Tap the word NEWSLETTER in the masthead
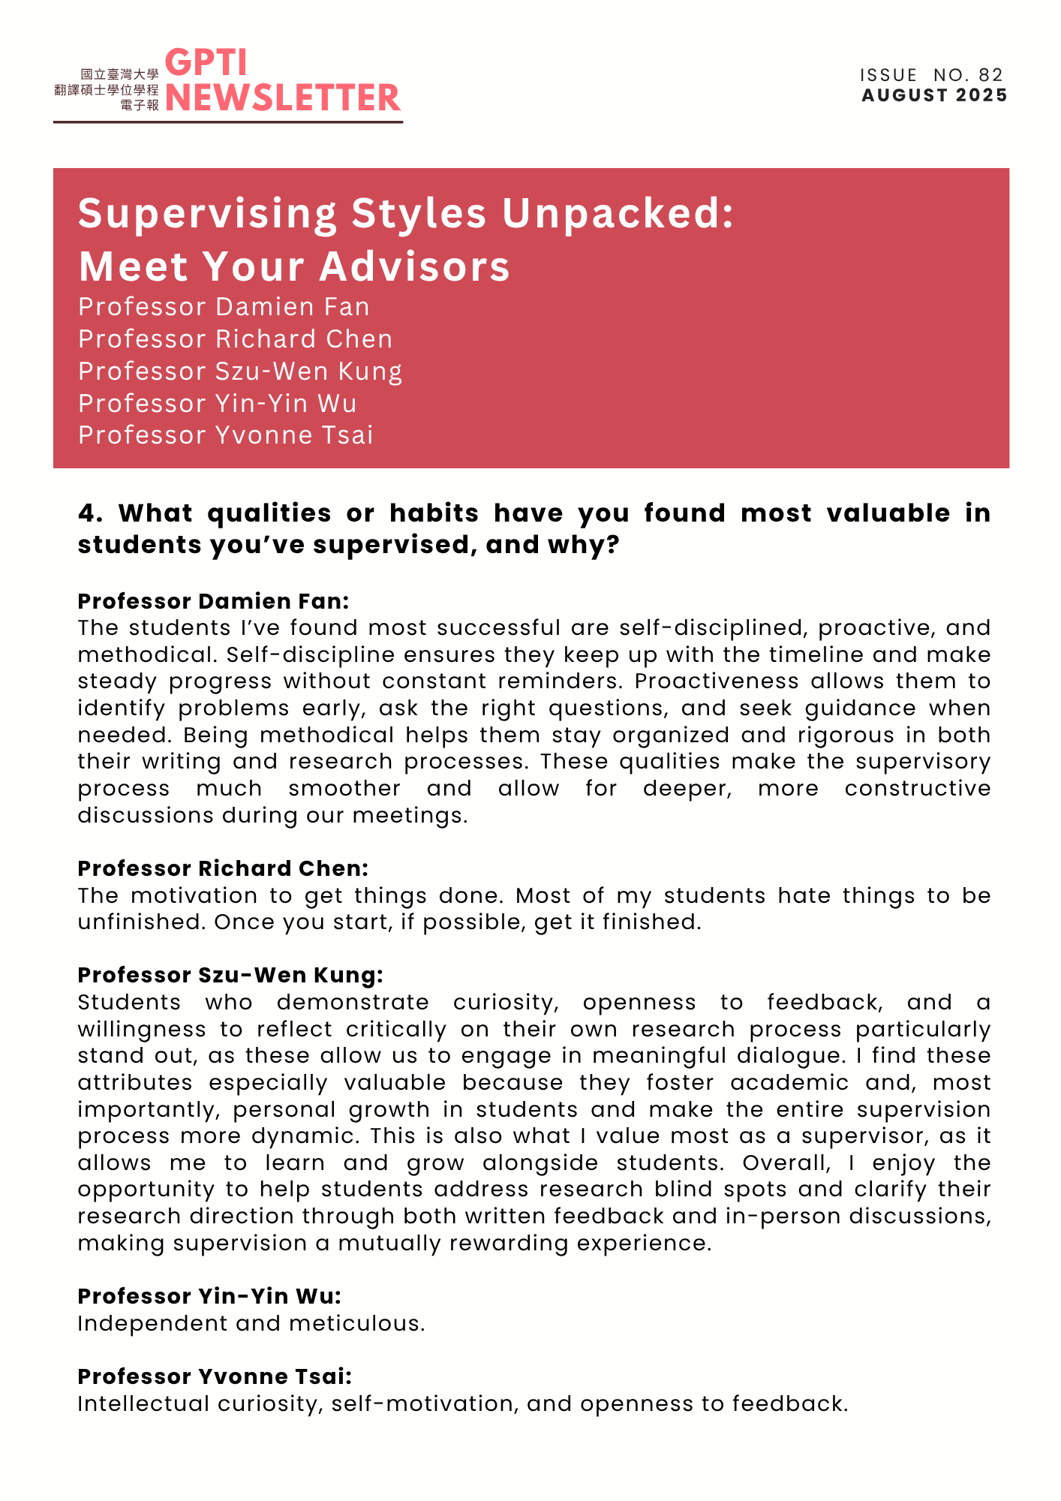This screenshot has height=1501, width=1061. pos(283,98)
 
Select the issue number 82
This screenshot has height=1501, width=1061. pos(990,75)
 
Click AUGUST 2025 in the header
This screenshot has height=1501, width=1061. pos(934,95)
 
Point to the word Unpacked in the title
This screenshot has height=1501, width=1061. pos(617,213)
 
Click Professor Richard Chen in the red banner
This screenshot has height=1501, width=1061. pos(235,339)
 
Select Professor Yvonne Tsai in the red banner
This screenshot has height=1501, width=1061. pos(225,435)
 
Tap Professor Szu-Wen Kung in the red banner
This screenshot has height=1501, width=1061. pos(240,371)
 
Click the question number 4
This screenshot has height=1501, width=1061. pos(89,513)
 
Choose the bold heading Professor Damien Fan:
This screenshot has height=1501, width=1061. pos(213,601)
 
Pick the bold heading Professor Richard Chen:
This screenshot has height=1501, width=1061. pos(223,868)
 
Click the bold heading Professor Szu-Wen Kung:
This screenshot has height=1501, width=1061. pos(230,975)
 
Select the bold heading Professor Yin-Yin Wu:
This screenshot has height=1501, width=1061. pos(209,1296)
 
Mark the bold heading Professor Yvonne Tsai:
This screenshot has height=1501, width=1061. pos(215,1376)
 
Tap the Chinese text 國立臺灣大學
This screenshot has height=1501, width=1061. pos(119,74)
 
